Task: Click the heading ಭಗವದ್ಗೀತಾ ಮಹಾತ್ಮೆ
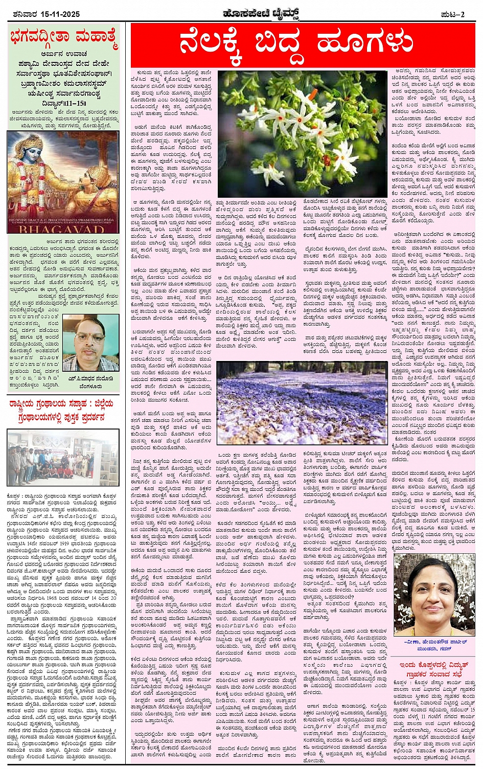point(63,39)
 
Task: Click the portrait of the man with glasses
point(84,343)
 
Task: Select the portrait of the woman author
point(434,595)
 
